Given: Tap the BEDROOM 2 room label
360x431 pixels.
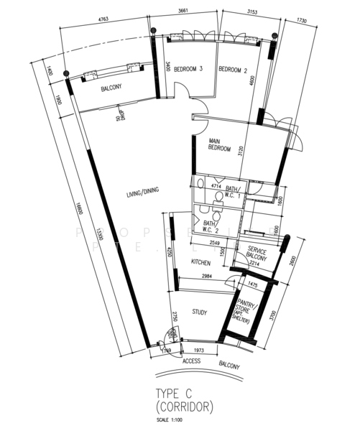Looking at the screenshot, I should pyautogui.click(x=232, y=70).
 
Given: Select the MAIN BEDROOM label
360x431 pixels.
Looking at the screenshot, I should pyautogui.click(x=219, y=144).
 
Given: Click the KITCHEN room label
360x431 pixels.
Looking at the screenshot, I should pyautogui.click(x=200, y=264).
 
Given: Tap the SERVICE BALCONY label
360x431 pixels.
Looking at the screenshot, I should pyautogui.click(x=257, y=254).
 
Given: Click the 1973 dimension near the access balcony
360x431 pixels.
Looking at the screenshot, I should pyautogui.click(x=200, y=351).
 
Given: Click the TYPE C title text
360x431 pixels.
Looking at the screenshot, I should pyautogui.click(x=176, y=393).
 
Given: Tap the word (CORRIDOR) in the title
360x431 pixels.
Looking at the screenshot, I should pyautogui.click(x=185, y=407).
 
